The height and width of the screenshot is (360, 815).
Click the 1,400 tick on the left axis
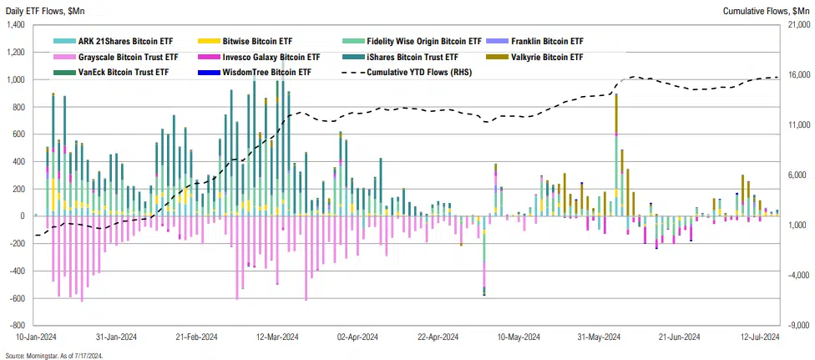tap(14, 25)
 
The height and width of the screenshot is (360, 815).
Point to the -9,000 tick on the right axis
tap(797, 325)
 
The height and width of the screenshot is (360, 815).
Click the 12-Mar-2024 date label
tap(276, 337)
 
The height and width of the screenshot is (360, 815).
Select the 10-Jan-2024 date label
tap(35, 337)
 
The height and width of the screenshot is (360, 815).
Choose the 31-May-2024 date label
tap(597, 337)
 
